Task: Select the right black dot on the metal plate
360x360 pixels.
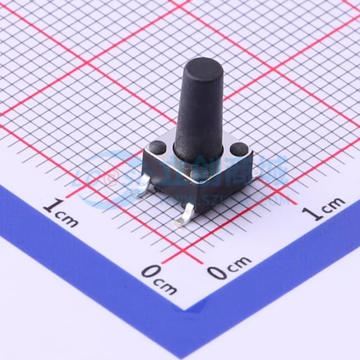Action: pyautogui.click(x=239, y=150)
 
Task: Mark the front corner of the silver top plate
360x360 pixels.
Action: pyautogui.click(x=197, y=175)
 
